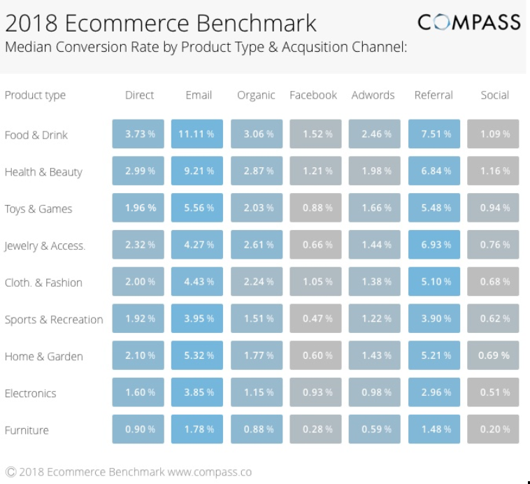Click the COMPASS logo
[469, 22]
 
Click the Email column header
[199, 95]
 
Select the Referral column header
[434, 95]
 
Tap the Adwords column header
[373, 95]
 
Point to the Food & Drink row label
[36, 135]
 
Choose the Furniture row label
[27, 430]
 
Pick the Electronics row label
[30, 393]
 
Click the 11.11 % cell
[196, 134]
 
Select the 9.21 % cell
[196, 171]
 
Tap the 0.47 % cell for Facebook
[315, 319]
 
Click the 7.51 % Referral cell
[434, 134]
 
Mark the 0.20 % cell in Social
[493, 429]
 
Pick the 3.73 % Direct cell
[138, 134]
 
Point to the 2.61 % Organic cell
[256, 245]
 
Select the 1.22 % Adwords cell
[375, 319]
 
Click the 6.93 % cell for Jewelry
[434, 245]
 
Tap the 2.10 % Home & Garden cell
[138, 356]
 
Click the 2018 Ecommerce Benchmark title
[161, 23]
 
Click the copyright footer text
[129, 472]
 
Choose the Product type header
[35, 95]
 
